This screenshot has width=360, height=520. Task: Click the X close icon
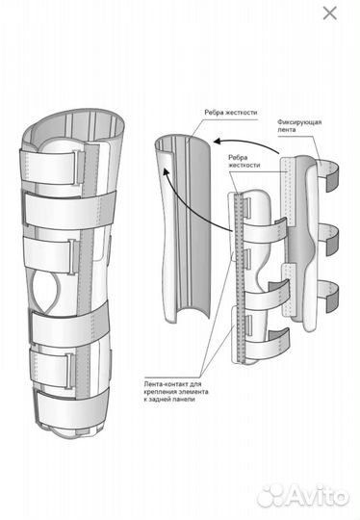(330, 13)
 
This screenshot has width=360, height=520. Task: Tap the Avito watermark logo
(303, 496)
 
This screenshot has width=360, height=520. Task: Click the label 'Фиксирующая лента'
(299, 126)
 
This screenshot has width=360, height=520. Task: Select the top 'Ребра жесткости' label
(231, 113)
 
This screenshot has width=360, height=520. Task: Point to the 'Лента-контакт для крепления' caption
(176, 392)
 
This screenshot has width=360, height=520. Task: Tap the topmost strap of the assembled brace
(51, 165)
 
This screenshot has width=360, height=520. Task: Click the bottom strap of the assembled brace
(70, 408)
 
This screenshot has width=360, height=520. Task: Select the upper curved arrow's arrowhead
(218, 142)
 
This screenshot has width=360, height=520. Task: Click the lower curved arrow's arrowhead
(164, 171)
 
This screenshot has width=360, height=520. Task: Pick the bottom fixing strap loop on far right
(329, 297)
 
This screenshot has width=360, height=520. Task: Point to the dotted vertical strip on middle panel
(240, 278)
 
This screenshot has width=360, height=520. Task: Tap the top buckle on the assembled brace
(79, 168)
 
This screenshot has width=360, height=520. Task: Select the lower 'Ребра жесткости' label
(244, 161)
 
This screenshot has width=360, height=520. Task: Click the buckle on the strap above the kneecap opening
(73, 257)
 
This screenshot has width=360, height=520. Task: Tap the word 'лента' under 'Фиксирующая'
(287, 130)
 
